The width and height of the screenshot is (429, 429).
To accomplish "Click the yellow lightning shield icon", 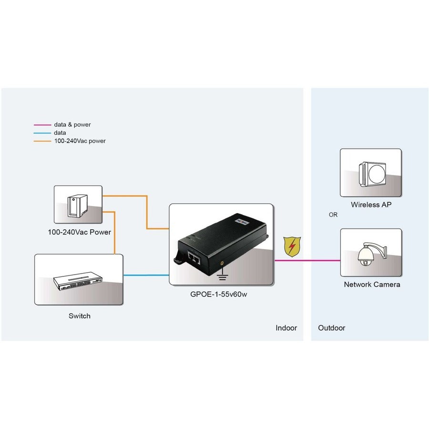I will pyautogui.click(x=289, y=247).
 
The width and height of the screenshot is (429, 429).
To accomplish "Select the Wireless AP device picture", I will pyautogui.click(x=370, y=173).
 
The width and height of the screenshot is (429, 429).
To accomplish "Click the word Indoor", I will pyautogui.click(x=286, y=328).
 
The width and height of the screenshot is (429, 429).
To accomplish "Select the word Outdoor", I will pyautogui.click(x=331, y=328).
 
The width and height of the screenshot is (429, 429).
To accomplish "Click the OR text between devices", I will pyautogui.click(x=333, y=215).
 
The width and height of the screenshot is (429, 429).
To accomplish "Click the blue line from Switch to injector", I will pyautogui.click(x=146, y=275).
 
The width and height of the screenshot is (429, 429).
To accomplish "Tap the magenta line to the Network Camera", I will pyautogui.click(x=315, y=261).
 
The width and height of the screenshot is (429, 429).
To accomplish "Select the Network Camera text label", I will pyautogui.click(x=372, y=285).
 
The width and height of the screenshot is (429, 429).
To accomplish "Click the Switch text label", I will pyautogui.click(x=79, y=316).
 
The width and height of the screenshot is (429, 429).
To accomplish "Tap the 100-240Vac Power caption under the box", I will pyautogui.click(x=79, y=233).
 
